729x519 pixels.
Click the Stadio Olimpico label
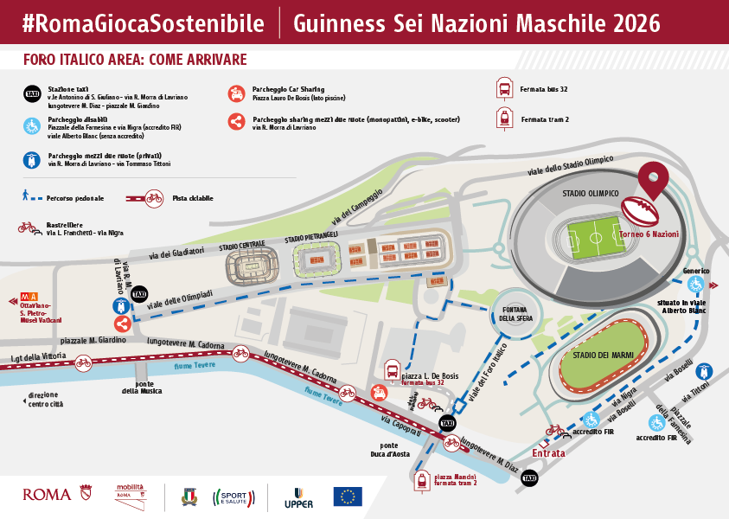[590, 194]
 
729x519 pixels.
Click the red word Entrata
[548, 453]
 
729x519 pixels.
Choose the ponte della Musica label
[143, 387]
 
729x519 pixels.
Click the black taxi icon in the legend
[32, 93]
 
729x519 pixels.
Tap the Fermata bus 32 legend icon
[503, 89]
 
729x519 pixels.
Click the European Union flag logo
[348, 496]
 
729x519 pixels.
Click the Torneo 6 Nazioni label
[649, 234]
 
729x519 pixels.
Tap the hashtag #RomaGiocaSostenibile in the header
[143, 22]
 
